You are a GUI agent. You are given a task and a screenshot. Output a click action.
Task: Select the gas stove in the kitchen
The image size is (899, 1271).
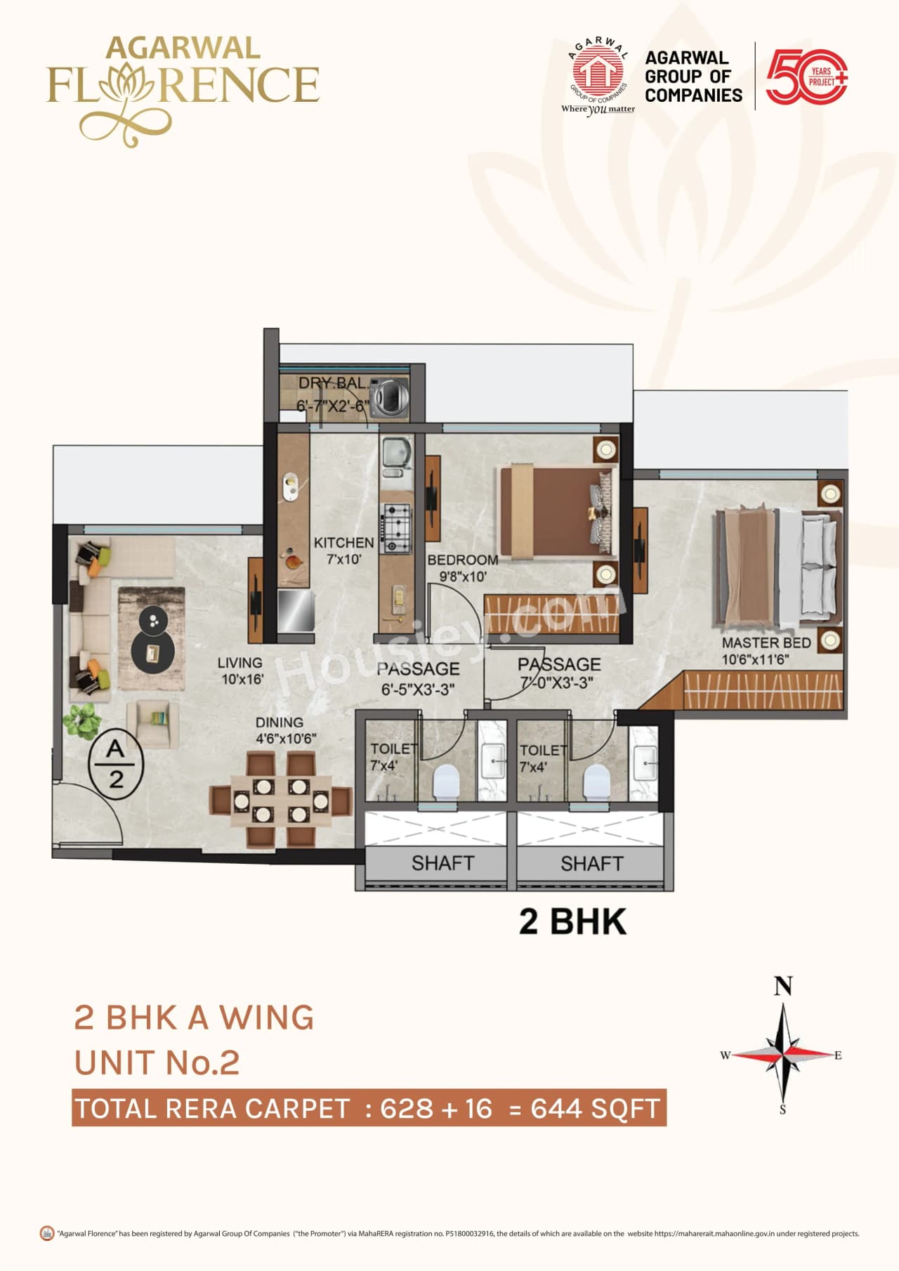pyautogui.click(x=395, y=527)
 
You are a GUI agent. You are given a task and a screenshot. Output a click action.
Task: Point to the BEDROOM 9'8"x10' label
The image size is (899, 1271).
pyautogui.click(x=463, y=567)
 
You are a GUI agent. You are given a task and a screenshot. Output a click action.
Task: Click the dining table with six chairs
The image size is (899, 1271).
pyautogui.click(x=281, y=800)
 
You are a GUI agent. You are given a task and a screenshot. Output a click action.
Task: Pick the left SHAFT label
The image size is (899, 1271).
pyautogui.click(x=442, y=863)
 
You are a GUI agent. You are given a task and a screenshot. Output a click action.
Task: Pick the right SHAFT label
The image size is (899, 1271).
pyautogui.click(x=591, y=863)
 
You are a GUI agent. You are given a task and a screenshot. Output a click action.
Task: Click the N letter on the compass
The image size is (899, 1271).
pyautogui.click(x=783, y=987)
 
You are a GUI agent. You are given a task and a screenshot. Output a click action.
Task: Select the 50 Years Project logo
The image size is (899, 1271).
pyautogui.click(x=806, y=77)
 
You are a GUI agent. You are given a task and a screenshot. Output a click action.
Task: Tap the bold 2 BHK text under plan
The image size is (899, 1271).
pyautogui.click(x=572, y=921)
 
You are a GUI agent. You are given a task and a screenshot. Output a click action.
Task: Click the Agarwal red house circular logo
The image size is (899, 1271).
pyautogui.click(x=598, y=70)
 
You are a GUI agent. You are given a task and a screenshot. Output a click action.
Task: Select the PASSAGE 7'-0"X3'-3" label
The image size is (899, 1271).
pyautogui.click(x=559, y=673)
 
